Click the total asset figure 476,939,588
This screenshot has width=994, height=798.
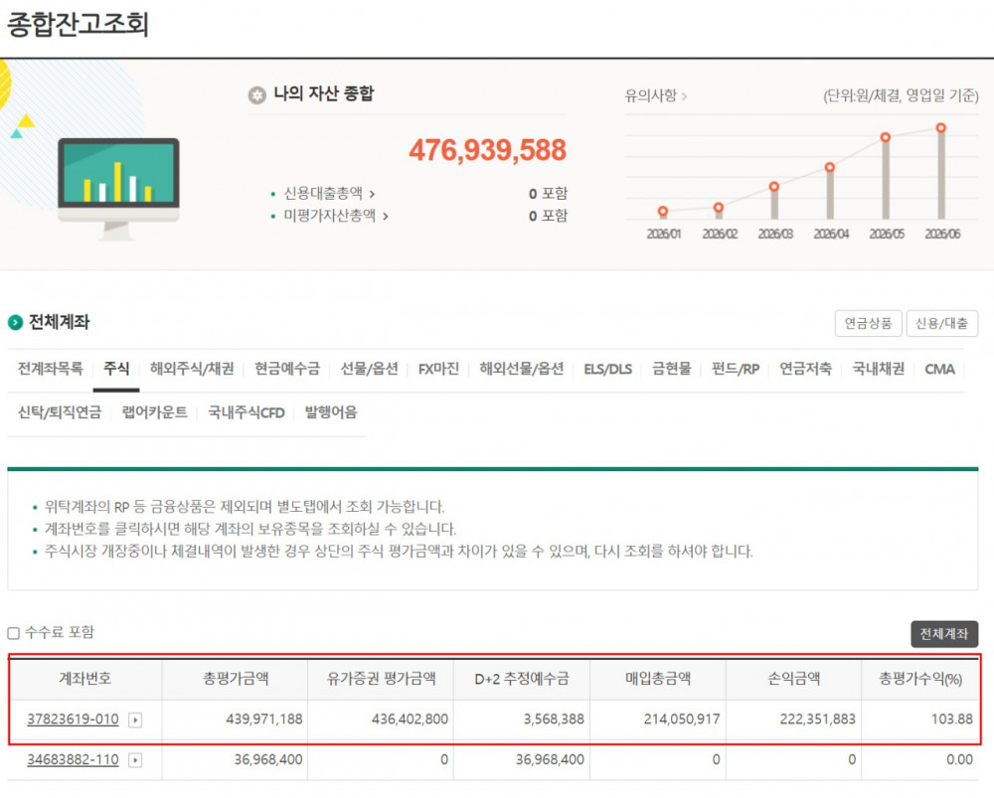tap(487, 150)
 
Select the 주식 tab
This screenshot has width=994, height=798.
tap(116, 369)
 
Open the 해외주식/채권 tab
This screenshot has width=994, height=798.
tap(192, 369)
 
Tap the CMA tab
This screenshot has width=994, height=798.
tap(939, 369)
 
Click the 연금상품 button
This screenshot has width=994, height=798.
tap(868, 323)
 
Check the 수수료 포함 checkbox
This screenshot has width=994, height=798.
tap(13, 633)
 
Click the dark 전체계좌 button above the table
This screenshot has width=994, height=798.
tap(944, 634)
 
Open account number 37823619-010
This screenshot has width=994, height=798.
tap(73, 719)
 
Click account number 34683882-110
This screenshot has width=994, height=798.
tap(73, 759)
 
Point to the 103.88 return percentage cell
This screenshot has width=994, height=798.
tap(951, 719)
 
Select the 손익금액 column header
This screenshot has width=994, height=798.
tap(793, 679)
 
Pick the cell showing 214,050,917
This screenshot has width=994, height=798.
tap(682, 719)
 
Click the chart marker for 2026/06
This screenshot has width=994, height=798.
tap(941, 128)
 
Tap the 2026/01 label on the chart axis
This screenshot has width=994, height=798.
tap(663, 234)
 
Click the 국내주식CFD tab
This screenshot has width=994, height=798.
tap(246, 412)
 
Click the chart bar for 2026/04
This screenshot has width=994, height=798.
tap(830, 193)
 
